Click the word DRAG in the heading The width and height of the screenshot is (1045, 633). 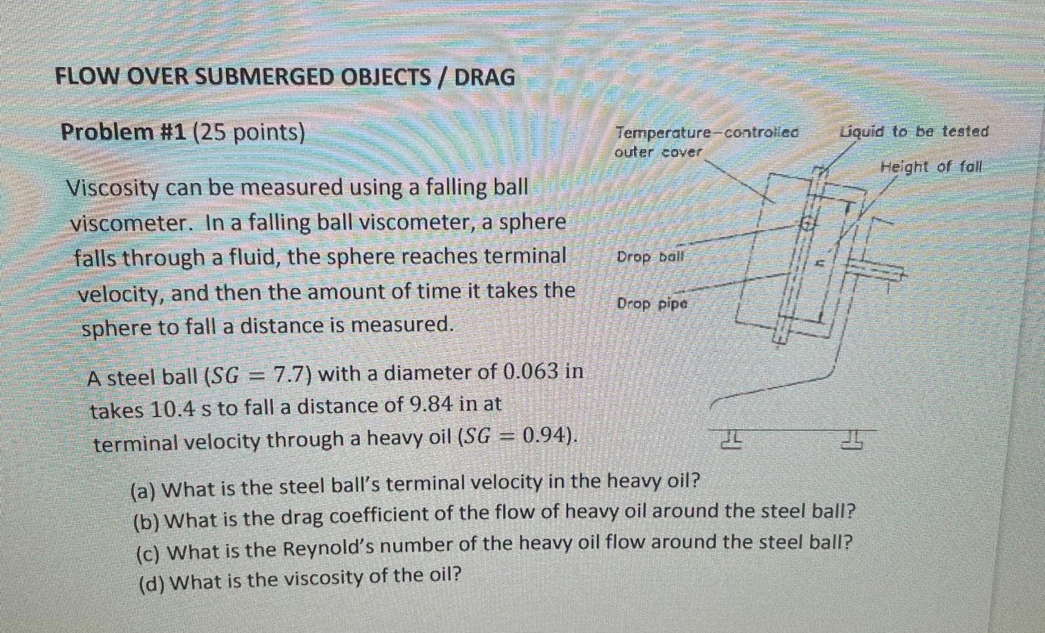tap(484, 77)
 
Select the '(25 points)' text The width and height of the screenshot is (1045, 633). tap(249, 131)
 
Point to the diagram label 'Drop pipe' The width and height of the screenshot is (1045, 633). tap(652, 303)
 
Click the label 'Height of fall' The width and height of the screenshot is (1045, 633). tap(930, 167)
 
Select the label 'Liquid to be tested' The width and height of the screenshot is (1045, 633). tap(914, 131)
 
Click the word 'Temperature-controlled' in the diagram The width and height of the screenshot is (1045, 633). tap(706, 132)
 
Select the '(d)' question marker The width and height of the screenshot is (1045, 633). tap(151, 583)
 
